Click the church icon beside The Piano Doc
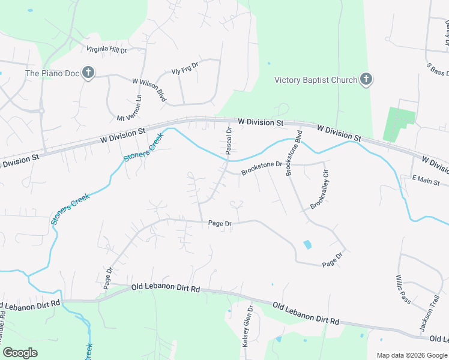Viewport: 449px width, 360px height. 88,73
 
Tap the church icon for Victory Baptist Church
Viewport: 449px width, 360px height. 366,80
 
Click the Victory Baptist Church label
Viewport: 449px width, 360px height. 315,80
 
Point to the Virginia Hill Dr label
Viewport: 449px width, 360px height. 107,50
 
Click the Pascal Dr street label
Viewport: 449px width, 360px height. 229,141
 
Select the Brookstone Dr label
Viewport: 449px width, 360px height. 262,168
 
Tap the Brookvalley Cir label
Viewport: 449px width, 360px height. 320,190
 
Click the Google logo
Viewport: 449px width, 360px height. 20,353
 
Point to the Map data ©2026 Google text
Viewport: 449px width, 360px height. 412,355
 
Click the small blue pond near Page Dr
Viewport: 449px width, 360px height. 307,244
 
